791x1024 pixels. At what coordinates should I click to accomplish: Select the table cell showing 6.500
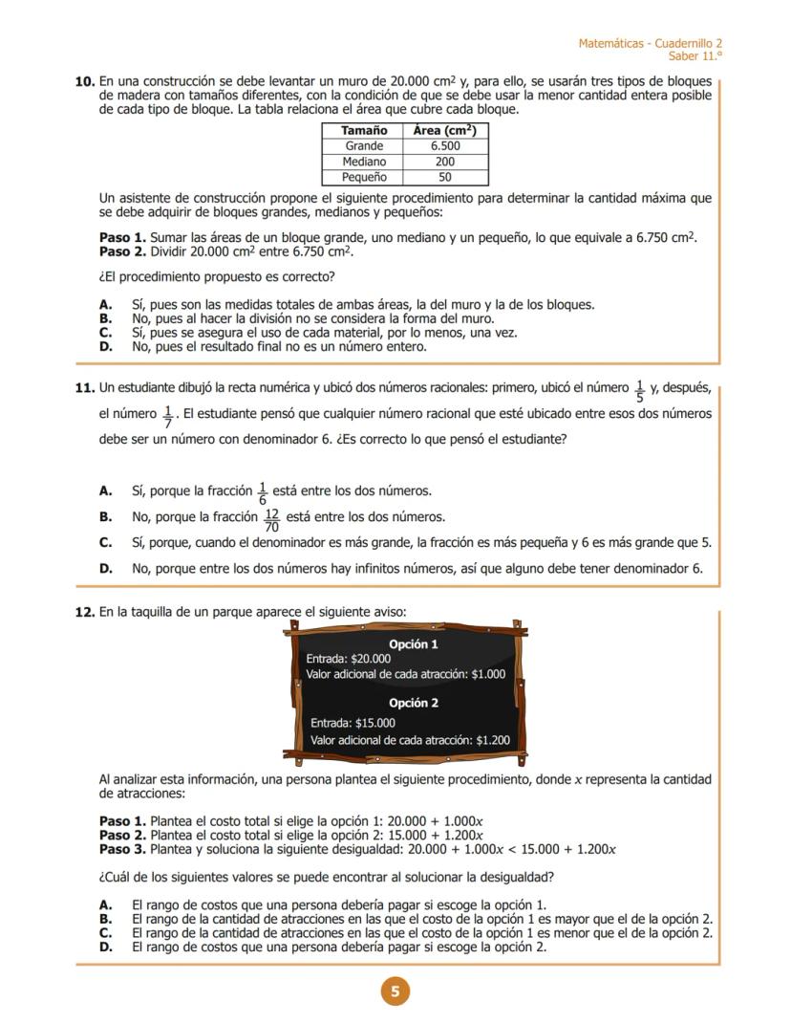click(x=445, y=146)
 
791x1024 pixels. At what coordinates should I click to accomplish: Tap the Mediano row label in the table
click(x=364, y=162)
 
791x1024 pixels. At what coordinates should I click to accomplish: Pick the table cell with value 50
click(x=445, y=177)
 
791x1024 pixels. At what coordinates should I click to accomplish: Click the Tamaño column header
click(x=364, y=131)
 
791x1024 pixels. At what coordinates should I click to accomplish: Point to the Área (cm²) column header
click(x=445, y=131)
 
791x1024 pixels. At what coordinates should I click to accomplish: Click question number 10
click(x=84, y=82)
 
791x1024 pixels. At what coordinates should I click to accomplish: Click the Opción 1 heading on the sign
click(x=414, y=644)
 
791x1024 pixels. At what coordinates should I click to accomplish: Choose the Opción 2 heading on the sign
click(x=414, y=703)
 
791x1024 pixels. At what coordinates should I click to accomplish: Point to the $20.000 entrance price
click(x=372, y=659)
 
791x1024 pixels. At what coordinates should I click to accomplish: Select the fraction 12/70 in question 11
click(x=272, y=520)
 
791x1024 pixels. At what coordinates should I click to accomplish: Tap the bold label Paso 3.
click(x=123, y=849)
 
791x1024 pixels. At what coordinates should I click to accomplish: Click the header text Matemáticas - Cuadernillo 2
click(x=651, y=44)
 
